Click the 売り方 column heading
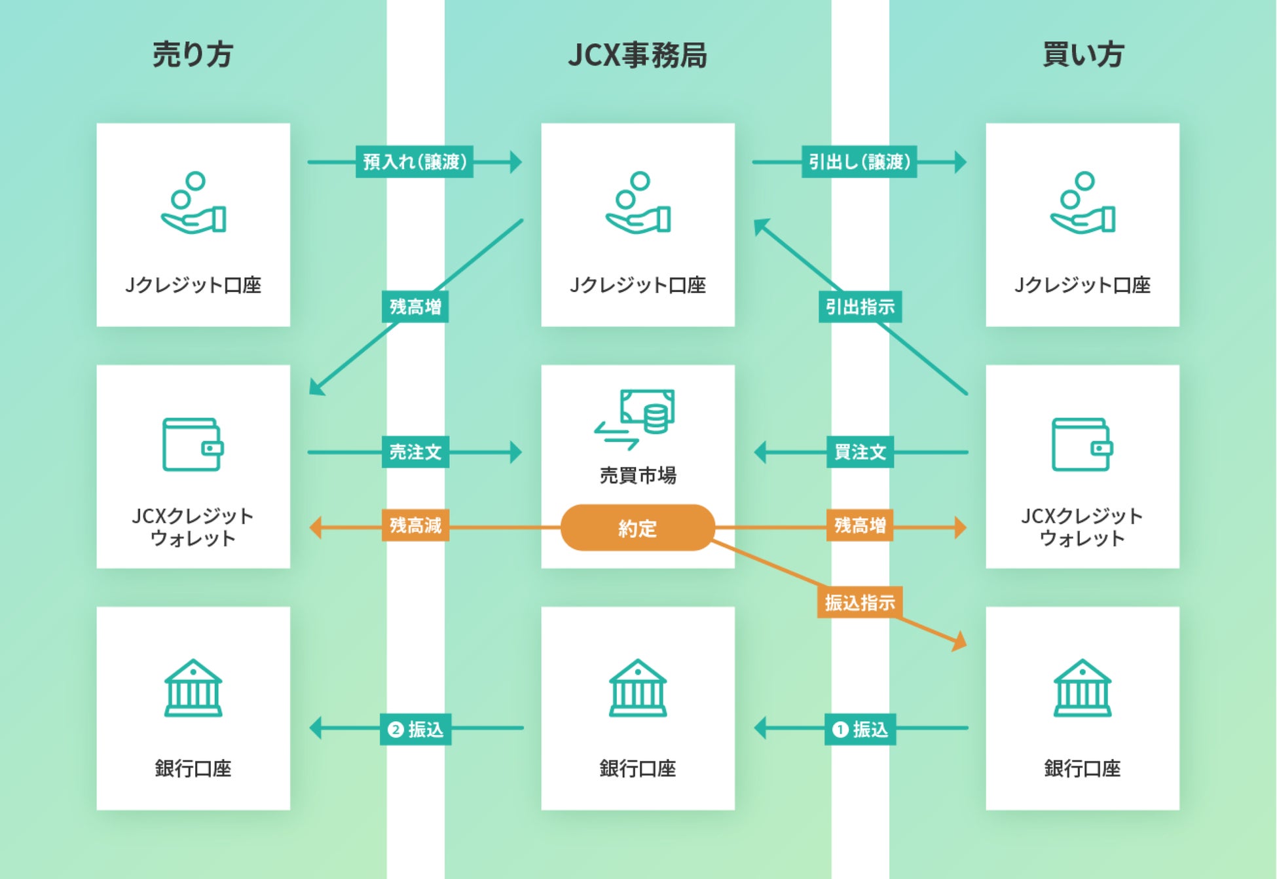pos(193,54)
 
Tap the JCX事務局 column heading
pos(637,55)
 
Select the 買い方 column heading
pos(1083,54)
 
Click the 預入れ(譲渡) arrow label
pos(415,162)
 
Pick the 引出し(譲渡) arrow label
pos(859,162)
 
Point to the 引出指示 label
pos(860,307)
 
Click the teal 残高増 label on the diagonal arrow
pos(415,307)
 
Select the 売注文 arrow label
pos(415,452)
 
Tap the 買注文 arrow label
pos(860,452)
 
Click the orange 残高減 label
pos(415,525)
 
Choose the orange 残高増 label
pos(860,525)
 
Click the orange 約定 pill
pos(637,528)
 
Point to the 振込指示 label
pos(860,603)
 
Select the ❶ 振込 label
pos(860,730)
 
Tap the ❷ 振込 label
pos(415,730)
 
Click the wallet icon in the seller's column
pos(193,445)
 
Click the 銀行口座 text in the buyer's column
pos(1083,768)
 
